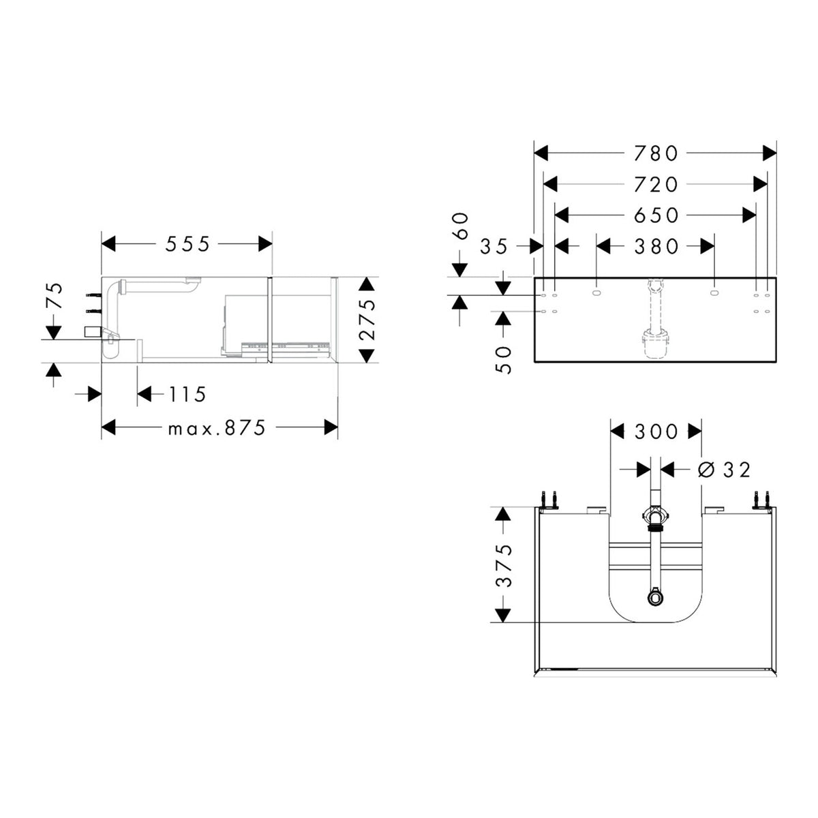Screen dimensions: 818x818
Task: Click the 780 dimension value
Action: [x=656, y=153]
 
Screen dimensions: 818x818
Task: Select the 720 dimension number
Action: [x=656, y=185]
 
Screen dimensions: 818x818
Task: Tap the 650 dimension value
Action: [x=656, y=215]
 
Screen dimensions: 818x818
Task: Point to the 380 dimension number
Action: [x=656, y=246]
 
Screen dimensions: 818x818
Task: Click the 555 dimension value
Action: [x=187, y=244]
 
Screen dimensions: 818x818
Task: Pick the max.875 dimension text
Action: [x=217, y=428]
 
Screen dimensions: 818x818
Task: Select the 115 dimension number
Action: [x=187, y=395]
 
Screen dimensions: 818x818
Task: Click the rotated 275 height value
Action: [x=367, y=320]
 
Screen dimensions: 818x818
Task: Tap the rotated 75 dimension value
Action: [x=55, y=297]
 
